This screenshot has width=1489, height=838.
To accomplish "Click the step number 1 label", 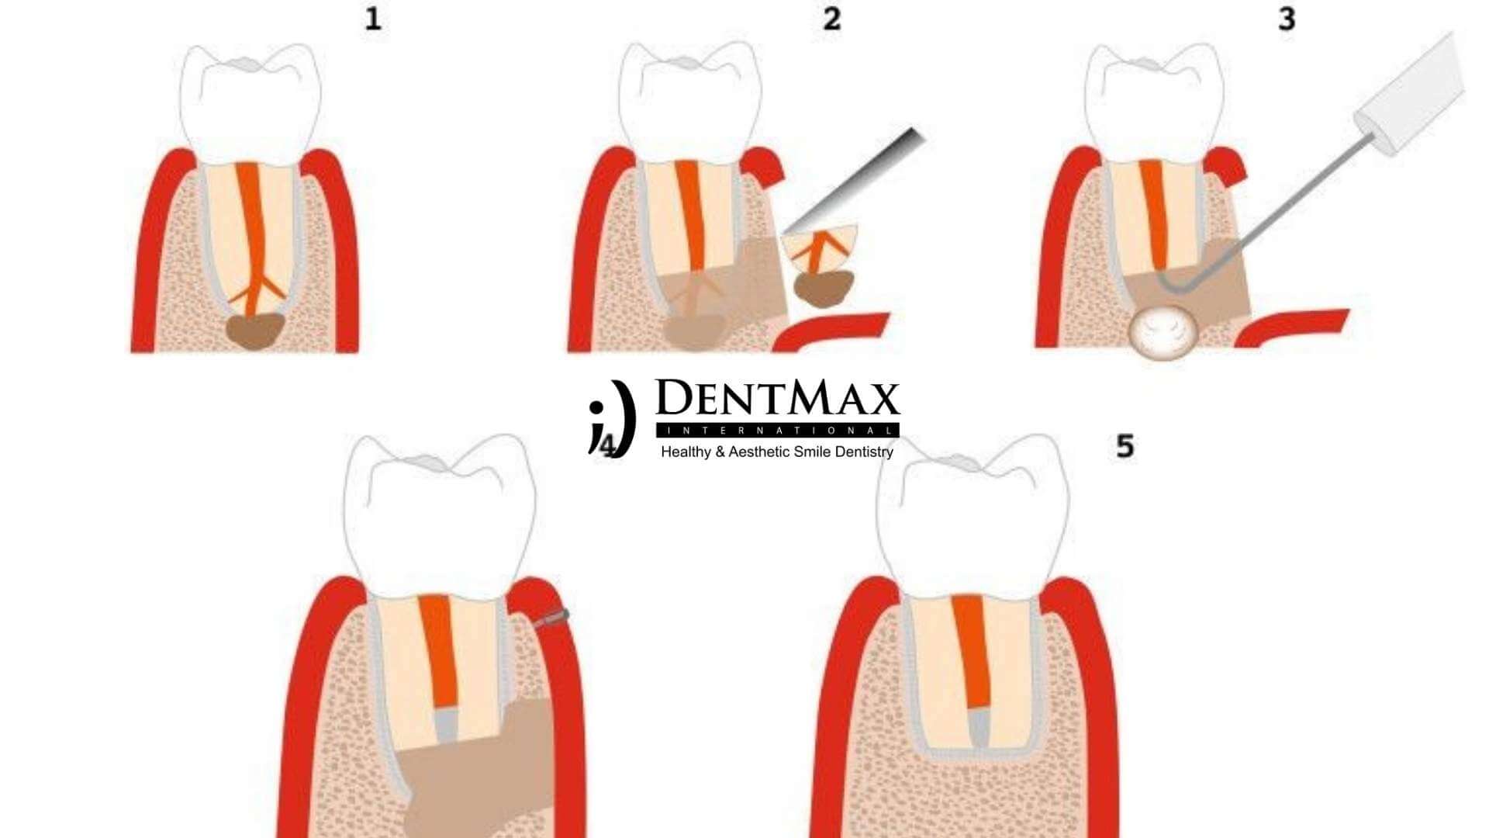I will [x=373, y=19].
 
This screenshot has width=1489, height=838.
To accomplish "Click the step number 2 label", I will [x=832, y=19].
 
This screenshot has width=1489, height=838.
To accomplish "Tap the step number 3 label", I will [x=1287, y=19].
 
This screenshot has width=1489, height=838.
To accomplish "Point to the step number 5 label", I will [x=1125, y=446].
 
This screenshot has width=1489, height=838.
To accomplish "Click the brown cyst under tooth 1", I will [x=254, y=331].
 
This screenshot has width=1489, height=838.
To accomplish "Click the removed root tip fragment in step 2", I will [x=821, y=256].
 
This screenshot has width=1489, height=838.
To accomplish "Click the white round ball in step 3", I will [x=1163, y=331].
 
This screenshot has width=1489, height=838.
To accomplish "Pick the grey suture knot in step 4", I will [x=552, y=618].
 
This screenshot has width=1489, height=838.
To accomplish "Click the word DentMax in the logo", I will [x=777, y=400].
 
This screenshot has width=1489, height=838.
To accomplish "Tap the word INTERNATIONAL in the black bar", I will [x=777, y=431].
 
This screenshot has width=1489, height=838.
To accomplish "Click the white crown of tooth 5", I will [x=973, y=528].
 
